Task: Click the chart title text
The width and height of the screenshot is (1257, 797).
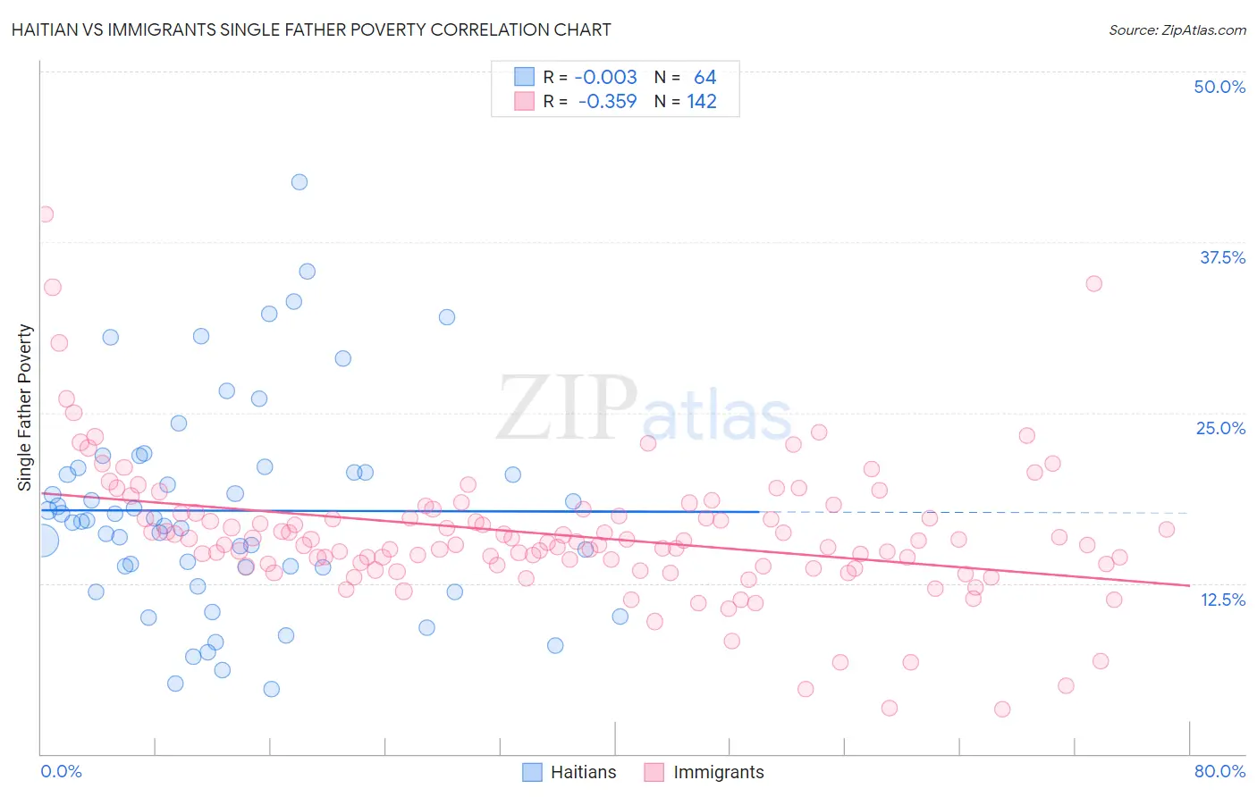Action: (311, 29)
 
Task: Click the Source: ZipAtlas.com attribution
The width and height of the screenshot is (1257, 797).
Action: (1177, 29)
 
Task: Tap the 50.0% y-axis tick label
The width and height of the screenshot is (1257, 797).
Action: (1219, 87)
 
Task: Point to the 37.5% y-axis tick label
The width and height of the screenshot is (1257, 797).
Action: (1222, 257)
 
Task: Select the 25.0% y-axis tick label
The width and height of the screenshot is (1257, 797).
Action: (1220, 428)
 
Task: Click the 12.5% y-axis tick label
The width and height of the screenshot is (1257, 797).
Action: (1222, 600)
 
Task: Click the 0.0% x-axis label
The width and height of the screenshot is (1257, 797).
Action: (61, 771)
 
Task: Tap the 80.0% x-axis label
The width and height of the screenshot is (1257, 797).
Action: (1219, 771)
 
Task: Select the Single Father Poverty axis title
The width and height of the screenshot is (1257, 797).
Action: (25, 407)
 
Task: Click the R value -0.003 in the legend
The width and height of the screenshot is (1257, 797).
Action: (605, 78)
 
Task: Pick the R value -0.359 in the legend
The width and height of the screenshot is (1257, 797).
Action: (607, 102)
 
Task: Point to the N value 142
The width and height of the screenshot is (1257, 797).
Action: (702, 102)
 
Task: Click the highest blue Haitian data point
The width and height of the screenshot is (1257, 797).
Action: (299, 182)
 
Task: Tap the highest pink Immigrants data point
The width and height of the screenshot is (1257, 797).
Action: (45, 214)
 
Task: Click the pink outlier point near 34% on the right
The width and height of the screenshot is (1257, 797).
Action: (1093, 284)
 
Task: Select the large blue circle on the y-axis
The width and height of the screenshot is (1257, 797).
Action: (42, 541)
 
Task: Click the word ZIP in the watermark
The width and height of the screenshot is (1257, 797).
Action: (567, 409)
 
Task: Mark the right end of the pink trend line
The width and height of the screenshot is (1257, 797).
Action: (1189, 585)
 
